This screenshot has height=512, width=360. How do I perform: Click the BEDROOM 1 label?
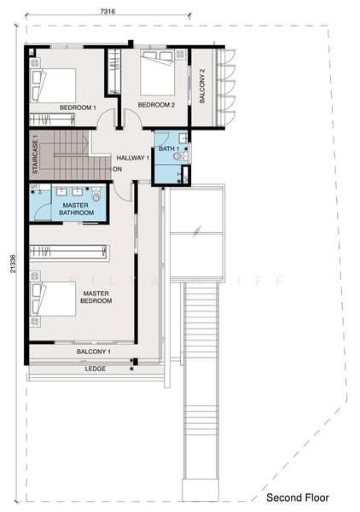pos(78,107)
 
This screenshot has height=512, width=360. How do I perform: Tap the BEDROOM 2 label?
pos(156,105)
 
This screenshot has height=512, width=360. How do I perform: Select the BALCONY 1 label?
pos(94,352)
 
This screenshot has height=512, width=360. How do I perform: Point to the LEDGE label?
pos(95,370)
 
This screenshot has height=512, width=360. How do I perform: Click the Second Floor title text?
pos(305,497)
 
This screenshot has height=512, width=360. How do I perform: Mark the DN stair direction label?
pos(117,169)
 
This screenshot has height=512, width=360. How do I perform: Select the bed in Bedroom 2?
pos(157,77)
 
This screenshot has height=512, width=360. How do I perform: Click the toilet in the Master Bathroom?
pos(96,195)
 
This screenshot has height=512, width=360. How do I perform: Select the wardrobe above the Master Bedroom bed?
pos(69,253)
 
